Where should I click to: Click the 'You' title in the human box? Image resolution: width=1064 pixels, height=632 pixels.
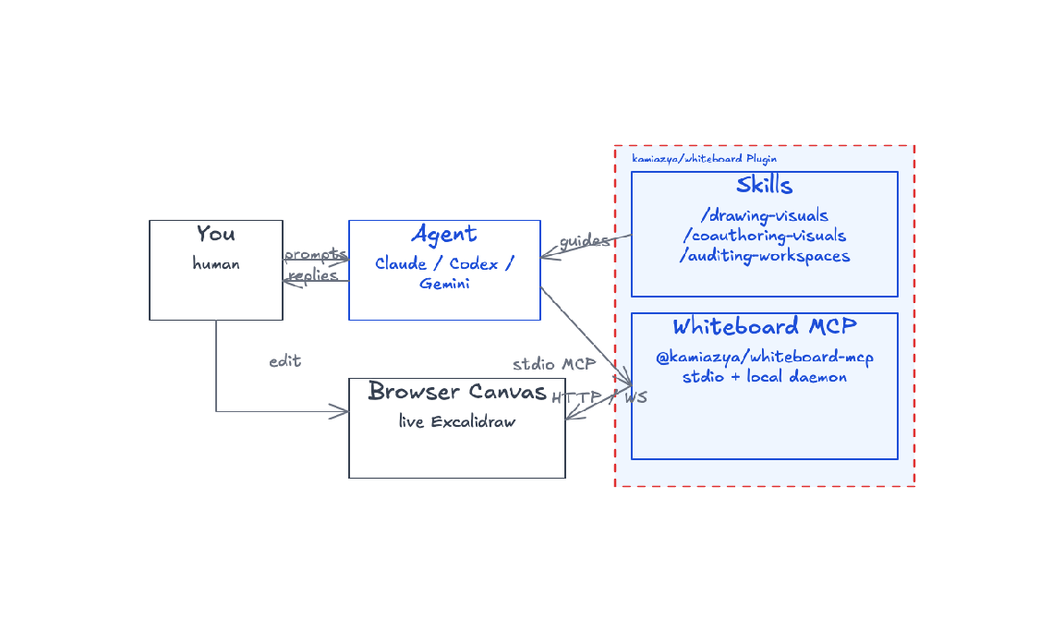tap(216, 234)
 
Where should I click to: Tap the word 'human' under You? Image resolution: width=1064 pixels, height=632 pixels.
tap(216, 263)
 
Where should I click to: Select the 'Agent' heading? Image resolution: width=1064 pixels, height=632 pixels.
tap(444, 235)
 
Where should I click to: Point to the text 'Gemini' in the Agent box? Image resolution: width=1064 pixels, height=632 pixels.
tap(444, 284)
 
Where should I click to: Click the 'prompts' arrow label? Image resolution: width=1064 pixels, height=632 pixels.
tap(316, 255)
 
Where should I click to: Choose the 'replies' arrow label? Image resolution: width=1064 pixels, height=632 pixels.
tap(313, 275)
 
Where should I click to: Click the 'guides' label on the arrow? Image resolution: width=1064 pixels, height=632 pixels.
tap(585, 240)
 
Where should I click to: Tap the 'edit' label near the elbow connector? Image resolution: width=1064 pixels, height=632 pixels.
tap(285, 360)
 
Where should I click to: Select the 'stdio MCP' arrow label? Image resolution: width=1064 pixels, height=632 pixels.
tap(554, 364)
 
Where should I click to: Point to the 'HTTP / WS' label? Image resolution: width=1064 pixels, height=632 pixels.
tap(599, 397)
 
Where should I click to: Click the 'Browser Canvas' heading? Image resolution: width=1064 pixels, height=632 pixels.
tap(457, 391)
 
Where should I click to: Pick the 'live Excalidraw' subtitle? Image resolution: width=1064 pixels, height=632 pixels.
tap(457, 421)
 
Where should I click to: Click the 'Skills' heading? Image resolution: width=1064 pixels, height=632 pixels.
tap(765, 185)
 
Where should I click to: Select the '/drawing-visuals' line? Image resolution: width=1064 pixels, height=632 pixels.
tap(765, 216)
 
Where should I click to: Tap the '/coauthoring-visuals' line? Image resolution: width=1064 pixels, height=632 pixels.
tap(765, 236)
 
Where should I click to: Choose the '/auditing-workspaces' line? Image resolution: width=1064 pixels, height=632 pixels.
tap(765, 256)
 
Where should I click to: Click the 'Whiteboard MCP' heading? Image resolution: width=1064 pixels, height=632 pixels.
tap(765, 326)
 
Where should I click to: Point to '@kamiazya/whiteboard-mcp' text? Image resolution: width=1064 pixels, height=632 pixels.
tap(765, 357)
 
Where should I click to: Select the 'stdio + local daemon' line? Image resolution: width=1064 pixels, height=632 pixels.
tap(765, 377)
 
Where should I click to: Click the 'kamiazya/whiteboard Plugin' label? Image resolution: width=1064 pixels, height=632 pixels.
tap(705, 159)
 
